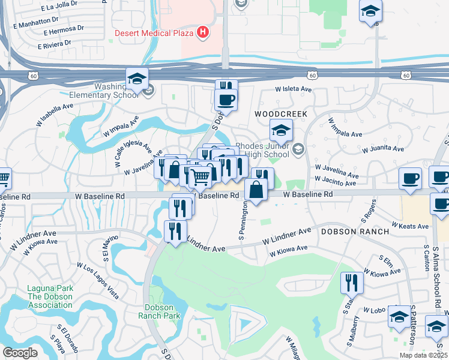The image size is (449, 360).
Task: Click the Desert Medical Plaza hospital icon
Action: (x=203, y=32)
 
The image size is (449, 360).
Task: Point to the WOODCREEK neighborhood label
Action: (x=281, y=113)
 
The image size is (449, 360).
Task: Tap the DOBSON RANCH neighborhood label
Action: (x=352, y=231)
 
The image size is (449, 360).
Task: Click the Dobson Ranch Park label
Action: (x=159, y=311)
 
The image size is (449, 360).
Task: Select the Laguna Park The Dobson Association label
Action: (x=50, y=296)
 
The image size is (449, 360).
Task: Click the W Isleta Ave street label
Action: (x=294, y=89)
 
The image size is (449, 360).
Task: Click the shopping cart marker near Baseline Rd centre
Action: (x=200, y=176)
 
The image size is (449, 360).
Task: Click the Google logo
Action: (x=20, y=353)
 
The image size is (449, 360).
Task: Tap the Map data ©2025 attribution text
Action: (x=423, y=355)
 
